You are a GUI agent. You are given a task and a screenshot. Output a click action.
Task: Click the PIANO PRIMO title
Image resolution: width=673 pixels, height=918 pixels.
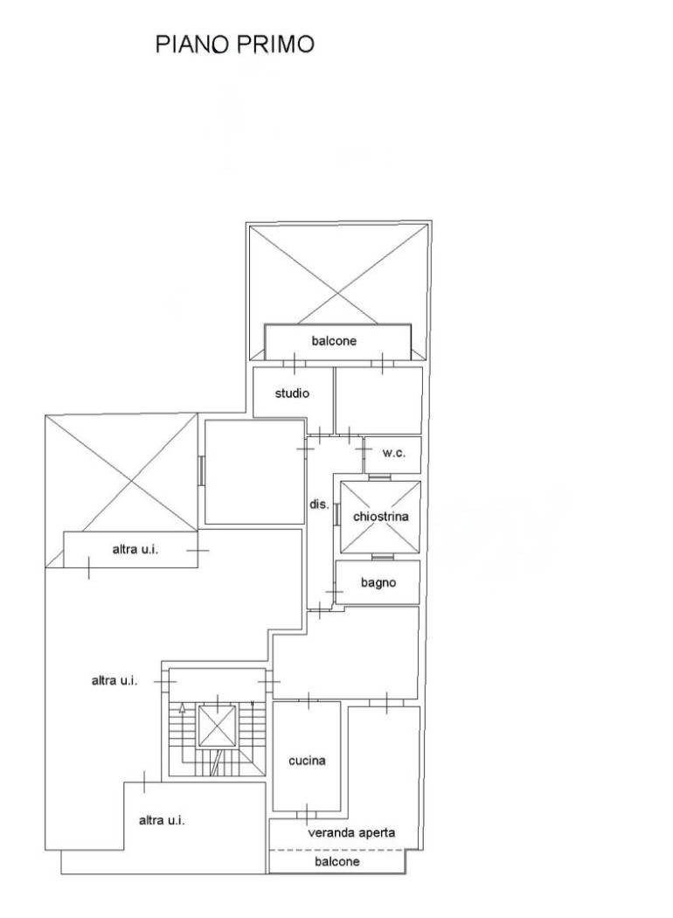(234, 45)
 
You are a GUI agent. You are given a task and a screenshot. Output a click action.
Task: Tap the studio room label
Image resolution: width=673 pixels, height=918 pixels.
(292, 393)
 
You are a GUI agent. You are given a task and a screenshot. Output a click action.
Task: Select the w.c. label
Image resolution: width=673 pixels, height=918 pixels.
(393, 453)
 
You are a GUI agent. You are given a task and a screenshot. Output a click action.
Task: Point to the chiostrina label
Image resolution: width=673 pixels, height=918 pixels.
(380, 517)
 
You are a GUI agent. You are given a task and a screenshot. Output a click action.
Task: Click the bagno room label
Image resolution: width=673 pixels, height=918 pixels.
(378, 582)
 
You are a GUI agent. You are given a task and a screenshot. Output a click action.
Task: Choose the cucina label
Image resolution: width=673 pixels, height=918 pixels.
(307, 761)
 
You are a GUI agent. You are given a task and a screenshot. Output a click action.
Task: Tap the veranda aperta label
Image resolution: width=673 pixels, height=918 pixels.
(351, 832)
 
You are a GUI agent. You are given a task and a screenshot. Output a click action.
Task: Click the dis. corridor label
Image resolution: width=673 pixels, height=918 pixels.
(319, 504)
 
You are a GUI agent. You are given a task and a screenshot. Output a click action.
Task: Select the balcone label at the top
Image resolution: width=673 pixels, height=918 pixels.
(334, 341)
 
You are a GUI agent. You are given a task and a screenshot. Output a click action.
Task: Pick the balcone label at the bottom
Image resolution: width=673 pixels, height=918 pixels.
(336, 861)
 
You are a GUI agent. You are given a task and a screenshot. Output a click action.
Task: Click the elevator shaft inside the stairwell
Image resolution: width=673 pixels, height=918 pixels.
(217, 726)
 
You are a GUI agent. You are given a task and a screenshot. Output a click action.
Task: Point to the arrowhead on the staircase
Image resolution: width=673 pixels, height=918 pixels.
(182, 708)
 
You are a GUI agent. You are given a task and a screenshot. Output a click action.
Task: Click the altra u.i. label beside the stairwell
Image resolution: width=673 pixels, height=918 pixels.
(114, 680)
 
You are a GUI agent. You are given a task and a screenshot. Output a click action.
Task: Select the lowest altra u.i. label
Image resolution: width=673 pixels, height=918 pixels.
(162, 820)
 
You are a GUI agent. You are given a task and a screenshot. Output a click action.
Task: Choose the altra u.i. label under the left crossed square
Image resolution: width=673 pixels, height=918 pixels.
(135, 549)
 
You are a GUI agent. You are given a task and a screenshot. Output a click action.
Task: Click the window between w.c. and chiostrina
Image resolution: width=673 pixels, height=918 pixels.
(380, 476)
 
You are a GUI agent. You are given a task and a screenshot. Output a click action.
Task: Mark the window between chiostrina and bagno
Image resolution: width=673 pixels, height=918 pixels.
(383, 557)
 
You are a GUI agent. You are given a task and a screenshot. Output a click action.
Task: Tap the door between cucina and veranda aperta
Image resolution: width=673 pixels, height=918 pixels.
(306, 814)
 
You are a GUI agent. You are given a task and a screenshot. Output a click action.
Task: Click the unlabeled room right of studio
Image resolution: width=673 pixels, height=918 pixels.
(378, 400)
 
